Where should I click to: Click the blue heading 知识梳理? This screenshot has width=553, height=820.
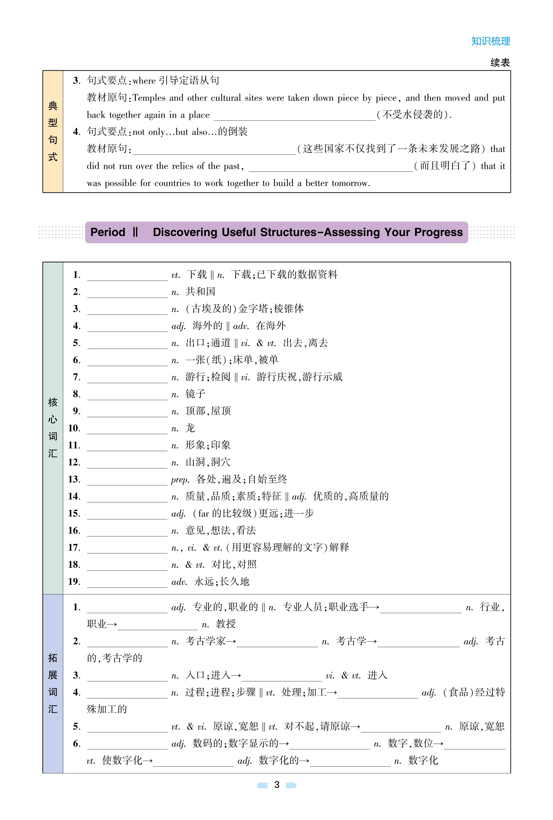coord(491,41)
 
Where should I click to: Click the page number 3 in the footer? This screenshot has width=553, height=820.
coord(276,785)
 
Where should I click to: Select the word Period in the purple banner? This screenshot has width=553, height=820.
coord(108,232)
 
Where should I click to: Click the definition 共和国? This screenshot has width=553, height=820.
coord(200,292)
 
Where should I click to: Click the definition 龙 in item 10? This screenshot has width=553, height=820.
coord(190,428)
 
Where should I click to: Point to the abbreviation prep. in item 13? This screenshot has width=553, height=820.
coord(180,480)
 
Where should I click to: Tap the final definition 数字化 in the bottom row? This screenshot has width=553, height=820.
coord(423,761)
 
